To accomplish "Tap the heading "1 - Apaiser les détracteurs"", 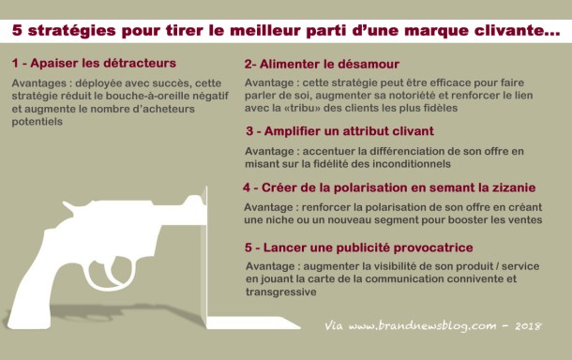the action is (x=94, y=63).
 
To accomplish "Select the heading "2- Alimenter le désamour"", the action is (x=322, y=64).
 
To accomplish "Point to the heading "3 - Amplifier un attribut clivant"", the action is (x=340, y=131).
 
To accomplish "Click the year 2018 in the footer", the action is (x=528, y=325).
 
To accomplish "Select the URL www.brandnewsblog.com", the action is (x=422, y=325).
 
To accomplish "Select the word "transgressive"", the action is (x=281, y=292).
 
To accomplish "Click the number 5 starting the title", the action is (x=17, y=30).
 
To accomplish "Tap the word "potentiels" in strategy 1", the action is (x=37, y=122).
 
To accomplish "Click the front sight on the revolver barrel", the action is (x=193, y=199).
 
